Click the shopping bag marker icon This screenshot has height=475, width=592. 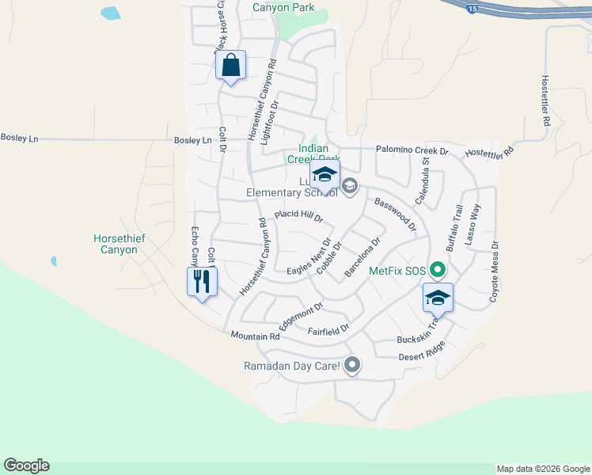click(230, 65)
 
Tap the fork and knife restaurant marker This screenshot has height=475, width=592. click(201, 281)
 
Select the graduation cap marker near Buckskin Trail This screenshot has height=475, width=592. click(438, 298)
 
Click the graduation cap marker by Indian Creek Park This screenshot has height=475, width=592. click(324, 174)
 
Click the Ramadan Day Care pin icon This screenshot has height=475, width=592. click(352, 365)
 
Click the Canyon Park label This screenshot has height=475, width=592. click(283, 8)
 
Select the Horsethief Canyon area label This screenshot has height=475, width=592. click(116, 244)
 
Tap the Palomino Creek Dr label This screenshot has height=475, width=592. click(412, 150)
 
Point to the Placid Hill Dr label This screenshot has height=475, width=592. click(299, 215)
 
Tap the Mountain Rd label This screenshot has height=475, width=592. click(256, 336)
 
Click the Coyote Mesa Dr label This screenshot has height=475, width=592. click(494, 272)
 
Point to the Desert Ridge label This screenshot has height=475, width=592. click(423, 352)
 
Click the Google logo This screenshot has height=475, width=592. click(26, 465)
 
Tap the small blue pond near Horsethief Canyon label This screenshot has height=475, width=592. click(52, 260)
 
